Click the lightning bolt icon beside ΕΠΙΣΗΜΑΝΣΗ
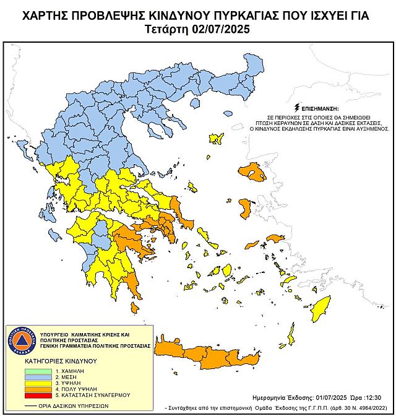pyautogui.click(x=298, y=106)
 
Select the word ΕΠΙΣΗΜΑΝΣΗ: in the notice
pyautogui.click(x=319, y=107)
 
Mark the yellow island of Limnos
pyautogui.click(x=216, y=137)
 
